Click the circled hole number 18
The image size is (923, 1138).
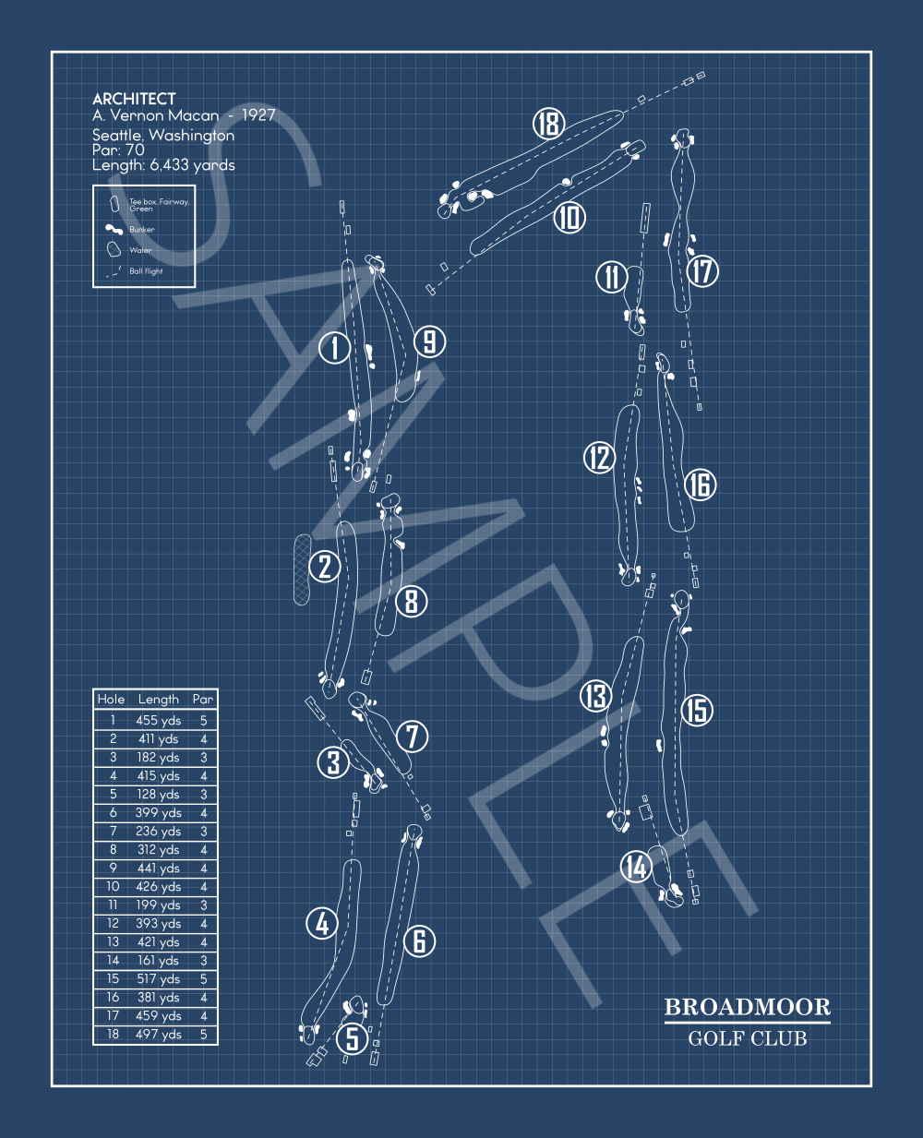click(x=548, y=124)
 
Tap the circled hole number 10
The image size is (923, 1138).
click(x=569, y=218)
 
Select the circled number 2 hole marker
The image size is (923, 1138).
click(x=325, y=566)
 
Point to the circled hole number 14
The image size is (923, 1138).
click(x=636, y=867)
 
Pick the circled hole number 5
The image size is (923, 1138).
click(x=352, y=1038)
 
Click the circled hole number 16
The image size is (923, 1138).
click(x=701, y=484)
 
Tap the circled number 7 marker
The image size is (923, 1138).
click(x=413, y=737)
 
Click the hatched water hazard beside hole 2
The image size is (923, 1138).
click(x=302, y=569)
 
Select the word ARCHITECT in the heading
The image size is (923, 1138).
click(x=134, y=99)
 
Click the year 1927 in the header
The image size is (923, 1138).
click(x=258, y=115)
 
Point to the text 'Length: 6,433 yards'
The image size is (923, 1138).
click(x=163, y=165)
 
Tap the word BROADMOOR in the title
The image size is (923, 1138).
click(x=747, y=1007)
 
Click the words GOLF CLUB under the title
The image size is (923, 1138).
click(x=747, y=1038)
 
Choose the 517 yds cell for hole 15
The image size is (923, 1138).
click(x=158, y=978)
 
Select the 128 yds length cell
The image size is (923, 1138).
click(x=158, y=794)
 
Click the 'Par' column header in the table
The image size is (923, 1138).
click(x=202, y=699)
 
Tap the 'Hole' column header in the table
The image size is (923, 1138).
click(x=111, y=699)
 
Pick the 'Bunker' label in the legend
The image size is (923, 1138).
click(x=142, y=229)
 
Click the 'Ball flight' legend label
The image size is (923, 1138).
click(x=146, y=271)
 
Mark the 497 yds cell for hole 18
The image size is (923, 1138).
click(x=158, y=1034)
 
